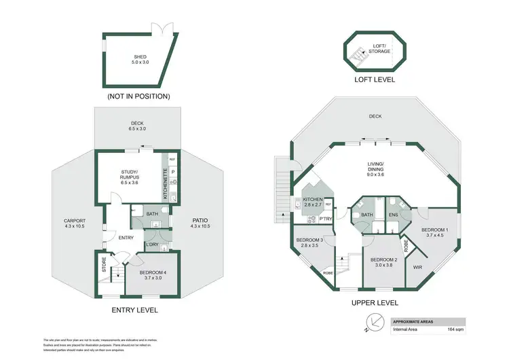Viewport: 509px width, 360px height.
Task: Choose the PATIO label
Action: (200, 222)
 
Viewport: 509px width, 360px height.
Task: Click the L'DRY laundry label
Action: (152, 245)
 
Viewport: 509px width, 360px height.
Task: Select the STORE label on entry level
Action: (105, 269)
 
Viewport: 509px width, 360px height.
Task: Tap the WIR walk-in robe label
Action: (417, 267)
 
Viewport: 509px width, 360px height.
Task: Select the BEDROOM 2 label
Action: (383, 262)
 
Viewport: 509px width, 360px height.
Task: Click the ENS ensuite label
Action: (392, 215)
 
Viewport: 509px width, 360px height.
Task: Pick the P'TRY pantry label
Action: (325, 219)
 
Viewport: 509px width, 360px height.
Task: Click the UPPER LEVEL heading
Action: (375, 303)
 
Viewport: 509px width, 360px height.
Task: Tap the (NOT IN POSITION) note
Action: (138, 96)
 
